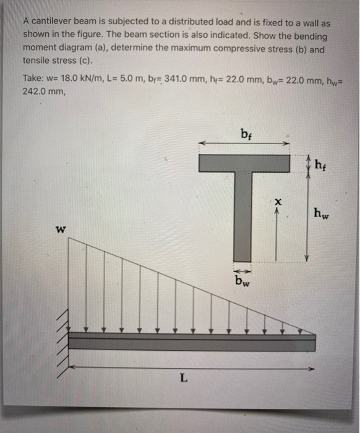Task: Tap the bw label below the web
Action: coord(242,281)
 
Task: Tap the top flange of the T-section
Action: coord(244,163)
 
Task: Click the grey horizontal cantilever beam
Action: coord(192,342)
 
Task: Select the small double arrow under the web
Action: coord(242,270)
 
